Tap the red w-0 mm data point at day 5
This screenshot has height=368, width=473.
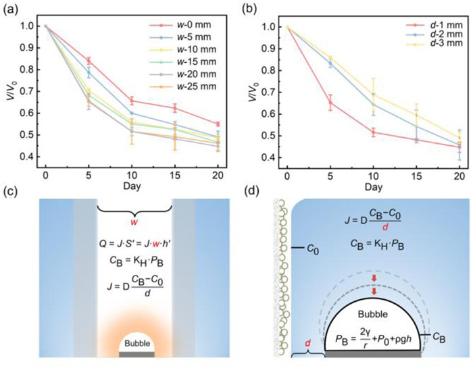pos(88,61)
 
